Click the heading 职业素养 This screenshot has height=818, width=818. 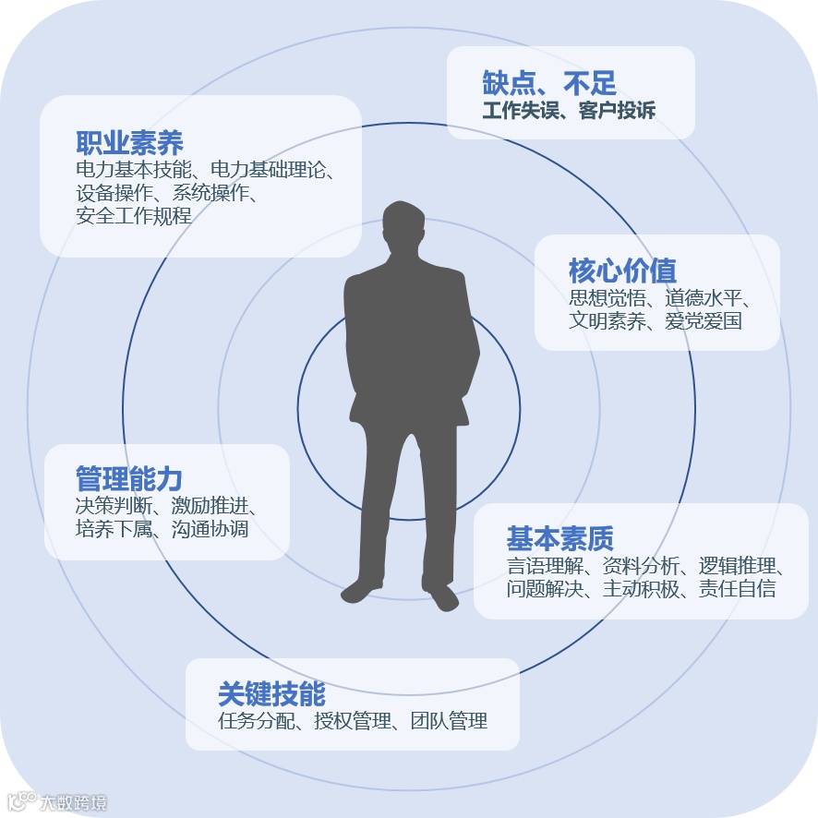coord(129,143)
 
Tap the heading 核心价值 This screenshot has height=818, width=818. coord(622,271)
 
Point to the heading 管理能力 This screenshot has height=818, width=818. coord(128,479)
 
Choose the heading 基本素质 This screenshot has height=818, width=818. coord(559,538)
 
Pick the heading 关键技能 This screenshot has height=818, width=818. coord(271,693)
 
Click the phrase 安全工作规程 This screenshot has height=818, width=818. coord(134,217)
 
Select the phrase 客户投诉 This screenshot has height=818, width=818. coord(618,112)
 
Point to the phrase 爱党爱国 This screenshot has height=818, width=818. coord(704,321)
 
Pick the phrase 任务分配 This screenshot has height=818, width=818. coord(257,721)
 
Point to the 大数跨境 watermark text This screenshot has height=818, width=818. coord(73,800)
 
